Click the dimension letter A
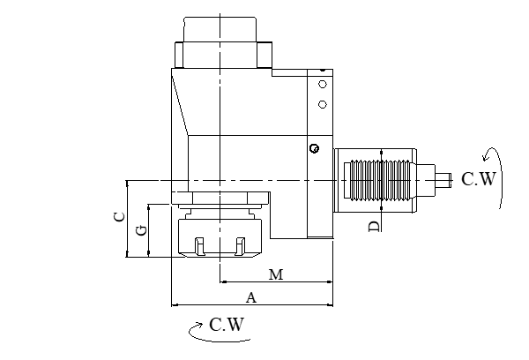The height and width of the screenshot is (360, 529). click(x=251, y=297)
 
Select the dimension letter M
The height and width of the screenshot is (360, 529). click(x=275, y=274)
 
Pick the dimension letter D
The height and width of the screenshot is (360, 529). click(x=374, y=227)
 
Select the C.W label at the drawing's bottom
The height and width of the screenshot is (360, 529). click(x=227, y=325)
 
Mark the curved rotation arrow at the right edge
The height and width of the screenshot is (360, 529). click(x=501, y=177)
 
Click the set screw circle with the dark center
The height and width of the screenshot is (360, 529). click(x=313, y=147)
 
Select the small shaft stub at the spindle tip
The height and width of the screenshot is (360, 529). click(x=448, y=179)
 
